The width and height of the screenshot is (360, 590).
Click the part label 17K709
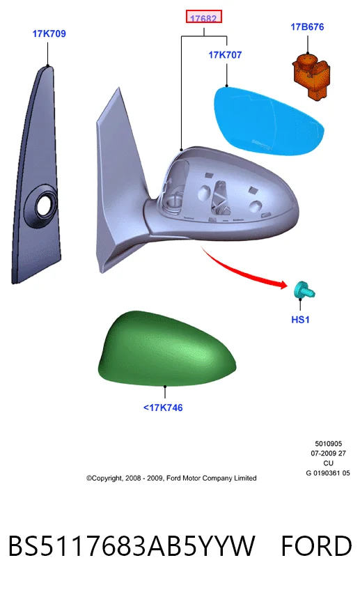pyautogui.click(x=49, y=33)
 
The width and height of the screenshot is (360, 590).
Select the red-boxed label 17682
pyautogui.click(x=203, y=17)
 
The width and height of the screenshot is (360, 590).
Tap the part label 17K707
pyautogui.click(x=225, y=55)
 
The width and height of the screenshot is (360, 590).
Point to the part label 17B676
pyautogui.click(x=307, y=26)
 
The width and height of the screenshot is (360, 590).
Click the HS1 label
pyautogui.click(x=300, y=320)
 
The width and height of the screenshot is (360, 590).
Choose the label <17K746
pyautogui.click(x=163, y=407)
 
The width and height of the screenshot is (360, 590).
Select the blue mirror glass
pyautogui.click(x=268, y=121)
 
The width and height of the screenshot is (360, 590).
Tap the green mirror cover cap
pyautogui.click(x=166, y=349)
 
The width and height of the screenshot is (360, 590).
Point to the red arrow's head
pyautogui.click(x=283, y=284)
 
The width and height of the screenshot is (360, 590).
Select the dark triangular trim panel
pyautogui.click(x=36, y=175)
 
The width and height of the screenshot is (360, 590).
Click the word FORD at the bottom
pyautogui.click(x=316, y=546)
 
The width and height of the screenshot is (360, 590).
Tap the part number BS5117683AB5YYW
pyautogui.click(x=132, y=546)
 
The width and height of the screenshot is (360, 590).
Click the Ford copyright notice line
pyautogui.click(x=171, y=478)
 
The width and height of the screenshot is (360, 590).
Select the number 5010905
pyautogui.click(x=329, y=444)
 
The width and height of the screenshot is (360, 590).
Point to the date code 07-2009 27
pyautogui.click(x=329, y=453)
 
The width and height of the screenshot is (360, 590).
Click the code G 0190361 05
pyautogui.click(x=328, y=473)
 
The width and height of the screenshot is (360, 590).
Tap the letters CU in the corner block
pyautogui.click(x=329, y=463)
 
